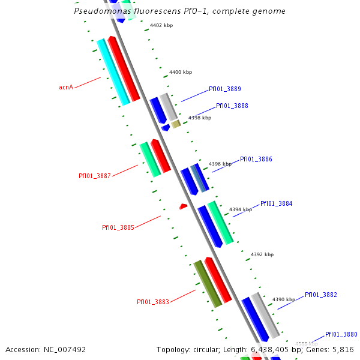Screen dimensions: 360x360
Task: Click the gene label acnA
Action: point(66,87)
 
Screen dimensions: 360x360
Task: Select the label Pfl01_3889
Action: point(225,89)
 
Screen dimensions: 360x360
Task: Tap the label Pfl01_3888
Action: point(232,106)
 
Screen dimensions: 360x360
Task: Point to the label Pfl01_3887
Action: point(95,176)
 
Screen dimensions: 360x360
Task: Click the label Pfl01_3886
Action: point(256,159)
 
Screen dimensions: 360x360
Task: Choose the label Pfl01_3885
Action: point(118,227)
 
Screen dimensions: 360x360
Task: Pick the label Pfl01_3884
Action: point(277,203)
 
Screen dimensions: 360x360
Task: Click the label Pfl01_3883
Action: point(153,302)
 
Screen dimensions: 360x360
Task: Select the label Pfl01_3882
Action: point(321,295)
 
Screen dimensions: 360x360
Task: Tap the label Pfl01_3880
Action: point(341,334)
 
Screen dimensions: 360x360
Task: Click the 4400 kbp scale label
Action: point(181,72)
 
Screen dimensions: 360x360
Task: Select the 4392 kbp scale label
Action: point(262,254)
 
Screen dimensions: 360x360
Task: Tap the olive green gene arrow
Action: point(208,284)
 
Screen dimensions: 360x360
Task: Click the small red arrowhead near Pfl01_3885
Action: point(184,206)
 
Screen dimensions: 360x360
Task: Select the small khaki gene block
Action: point(176,124)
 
